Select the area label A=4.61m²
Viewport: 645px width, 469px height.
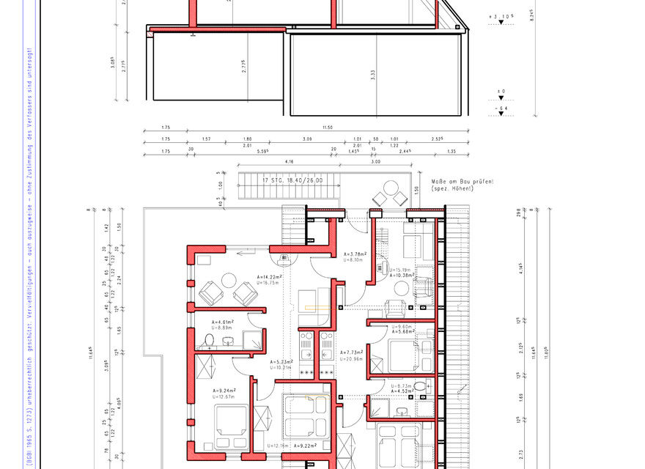pyautogui.click(x=223, y=322)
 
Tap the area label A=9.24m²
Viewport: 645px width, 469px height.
pyautogui.click(x=223, y=391)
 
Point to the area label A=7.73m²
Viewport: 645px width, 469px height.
pyautogui.click(x=353, y=352)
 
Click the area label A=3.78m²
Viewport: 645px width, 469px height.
pyautogui.click(x=355, y=254)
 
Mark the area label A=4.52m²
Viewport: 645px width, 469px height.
pyautogui.click(x=402, y=391)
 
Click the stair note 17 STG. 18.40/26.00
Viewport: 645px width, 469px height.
pyautogui.click(x=292, y=180)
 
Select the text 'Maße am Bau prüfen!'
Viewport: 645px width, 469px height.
pyautogui.click(x=462, y=181)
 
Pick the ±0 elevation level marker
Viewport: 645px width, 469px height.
pyautogui.click(x=501, y=92)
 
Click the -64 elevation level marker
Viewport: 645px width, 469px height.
pyautogui.click(x=501, y=108)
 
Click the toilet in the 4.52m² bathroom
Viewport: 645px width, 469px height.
pyautogui.click(x=419, y=385)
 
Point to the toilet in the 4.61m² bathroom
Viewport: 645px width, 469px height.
pyautogui.click(x=209, y=341)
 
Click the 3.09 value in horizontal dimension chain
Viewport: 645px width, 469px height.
pyautogui.click(x=308, y=139)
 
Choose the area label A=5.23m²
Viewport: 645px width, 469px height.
pyautogui.click(x=281, y=362)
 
